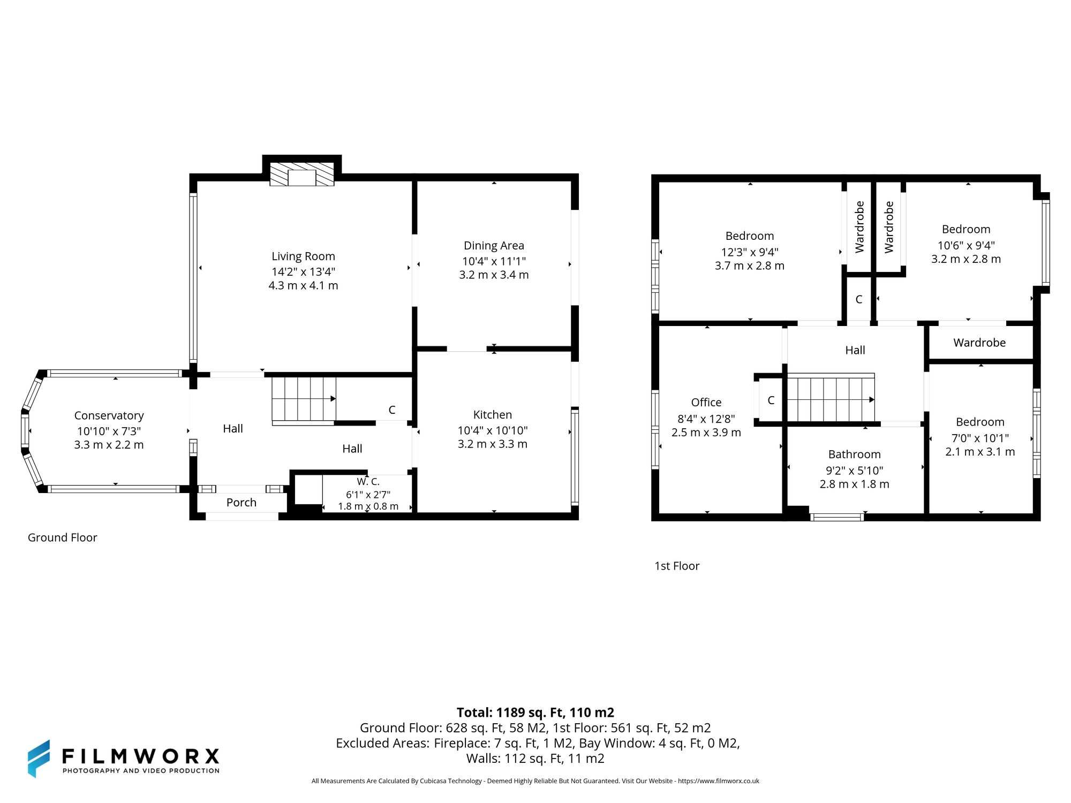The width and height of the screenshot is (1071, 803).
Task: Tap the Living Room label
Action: click(x=303, y=256)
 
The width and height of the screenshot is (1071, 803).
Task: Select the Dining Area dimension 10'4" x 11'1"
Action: click(x=494, y=261)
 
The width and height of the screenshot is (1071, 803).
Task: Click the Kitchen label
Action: click(x=492, y=415)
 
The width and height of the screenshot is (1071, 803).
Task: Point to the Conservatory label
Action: click(x=109, y=415)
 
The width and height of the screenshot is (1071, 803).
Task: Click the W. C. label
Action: click(x=368, y=482)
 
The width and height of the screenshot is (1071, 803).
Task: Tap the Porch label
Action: click(x=241, y=503)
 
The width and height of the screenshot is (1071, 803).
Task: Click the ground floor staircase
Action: click(x=303, y=399)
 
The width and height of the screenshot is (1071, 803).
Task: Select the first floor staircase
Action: click(x=830, y=399)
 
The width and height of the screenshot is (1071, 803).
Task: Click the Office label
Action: click(x=706, y=403)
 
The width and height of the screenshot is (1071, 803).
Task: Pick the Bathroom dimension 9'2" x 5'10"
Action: click(x=854, y=471)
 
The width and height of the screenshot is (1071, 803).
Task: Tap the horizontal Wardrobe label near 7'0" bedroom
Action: click(x=979, y=343)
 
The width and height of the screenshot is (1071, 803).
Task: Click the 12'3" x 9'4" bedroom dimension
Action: click(x=749, y=252)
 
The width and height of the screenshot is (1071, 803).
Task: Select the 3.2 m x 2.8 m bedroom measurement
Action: click(x=966, y=259)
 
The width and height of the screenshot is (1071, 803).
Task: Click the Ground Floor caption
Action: click(x=62, y=537)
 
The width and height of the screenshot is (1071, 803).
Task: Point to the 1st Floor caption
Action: click(x=676, y=566)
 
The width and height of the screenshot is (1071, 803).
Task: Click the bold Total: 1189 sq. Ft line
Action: click(x=535, y=713)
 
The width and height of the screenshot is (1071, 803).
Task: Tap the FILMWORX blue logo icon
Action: click(x=39, y=759)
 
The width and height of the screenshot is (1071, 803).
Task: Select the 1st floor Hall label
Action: click(x=855, y=350)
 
